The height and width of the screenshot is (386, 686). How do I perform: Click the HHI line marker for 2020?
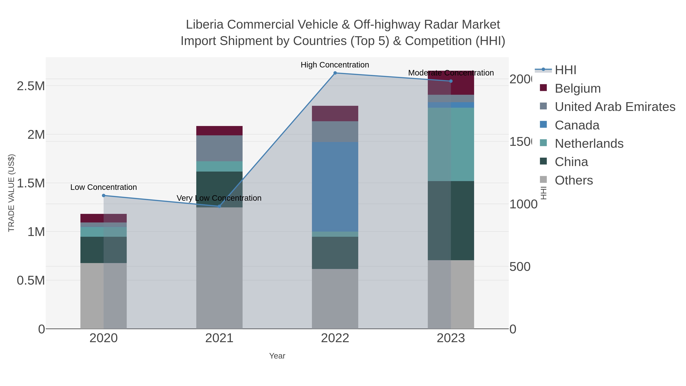(104, 196)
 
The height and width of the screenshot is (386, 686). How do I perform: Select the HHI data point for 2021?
(220, 206)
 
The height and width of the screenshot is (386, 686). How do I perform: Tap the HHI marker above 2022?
(335, 73)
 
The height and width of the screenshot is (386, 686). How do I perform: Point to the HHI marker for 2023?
(451, 81)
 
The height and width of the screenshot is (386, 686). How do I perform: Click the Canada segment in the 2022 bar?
(335, 186)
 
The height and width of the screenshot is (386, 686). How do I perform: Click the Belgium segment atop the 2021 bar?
(220, 131)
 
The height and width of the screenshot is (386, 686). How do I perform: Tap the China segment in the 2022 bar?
(335, 253)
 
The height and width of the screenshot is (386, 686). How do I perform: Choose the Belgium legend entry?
(578, 88)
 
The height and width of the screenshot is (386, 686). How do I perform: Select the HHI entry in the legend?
(565, 70)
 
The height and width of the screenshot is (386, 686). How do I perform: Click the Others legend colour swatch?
(543, 180)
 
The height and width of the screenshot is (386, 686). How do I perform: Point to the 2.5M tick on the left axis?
(31, 86)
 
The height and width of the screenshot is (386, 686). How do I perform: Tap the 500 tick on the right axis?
(520, 267)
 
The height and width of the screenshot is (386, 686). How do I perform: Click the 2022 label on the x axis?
(335, 338)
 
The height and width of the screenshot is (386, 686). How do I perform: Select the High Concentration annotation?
(335, 65)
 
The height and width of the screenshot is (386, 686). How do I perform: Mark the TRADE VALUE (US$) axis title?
(11, 193)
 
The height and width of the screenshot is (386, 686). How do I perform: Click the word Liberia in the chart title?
(205, 25)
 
